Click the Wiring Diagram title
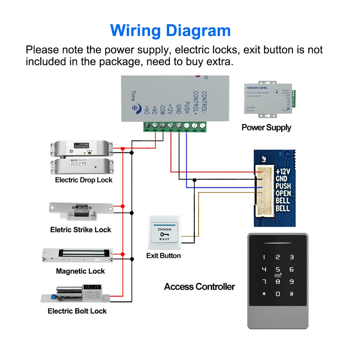tap(171, 30)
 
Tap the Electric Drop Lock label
tap(84, 180)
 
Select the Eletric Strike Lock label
tap(81, 229)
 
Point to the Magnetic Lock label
tap(80, 271)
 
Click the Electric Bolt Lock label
tap(77, 311)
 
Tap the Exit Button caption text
tap(163, 256)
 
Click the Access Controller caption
tap(199, 287)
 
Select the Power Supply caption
tap(266, 127)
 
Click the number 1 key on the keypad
tap(264, 257)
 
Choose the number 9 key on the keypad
tap(291, 282)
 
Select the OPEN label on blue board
tap(283, 193)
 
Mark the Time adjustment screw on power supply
tap(134, 107)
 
